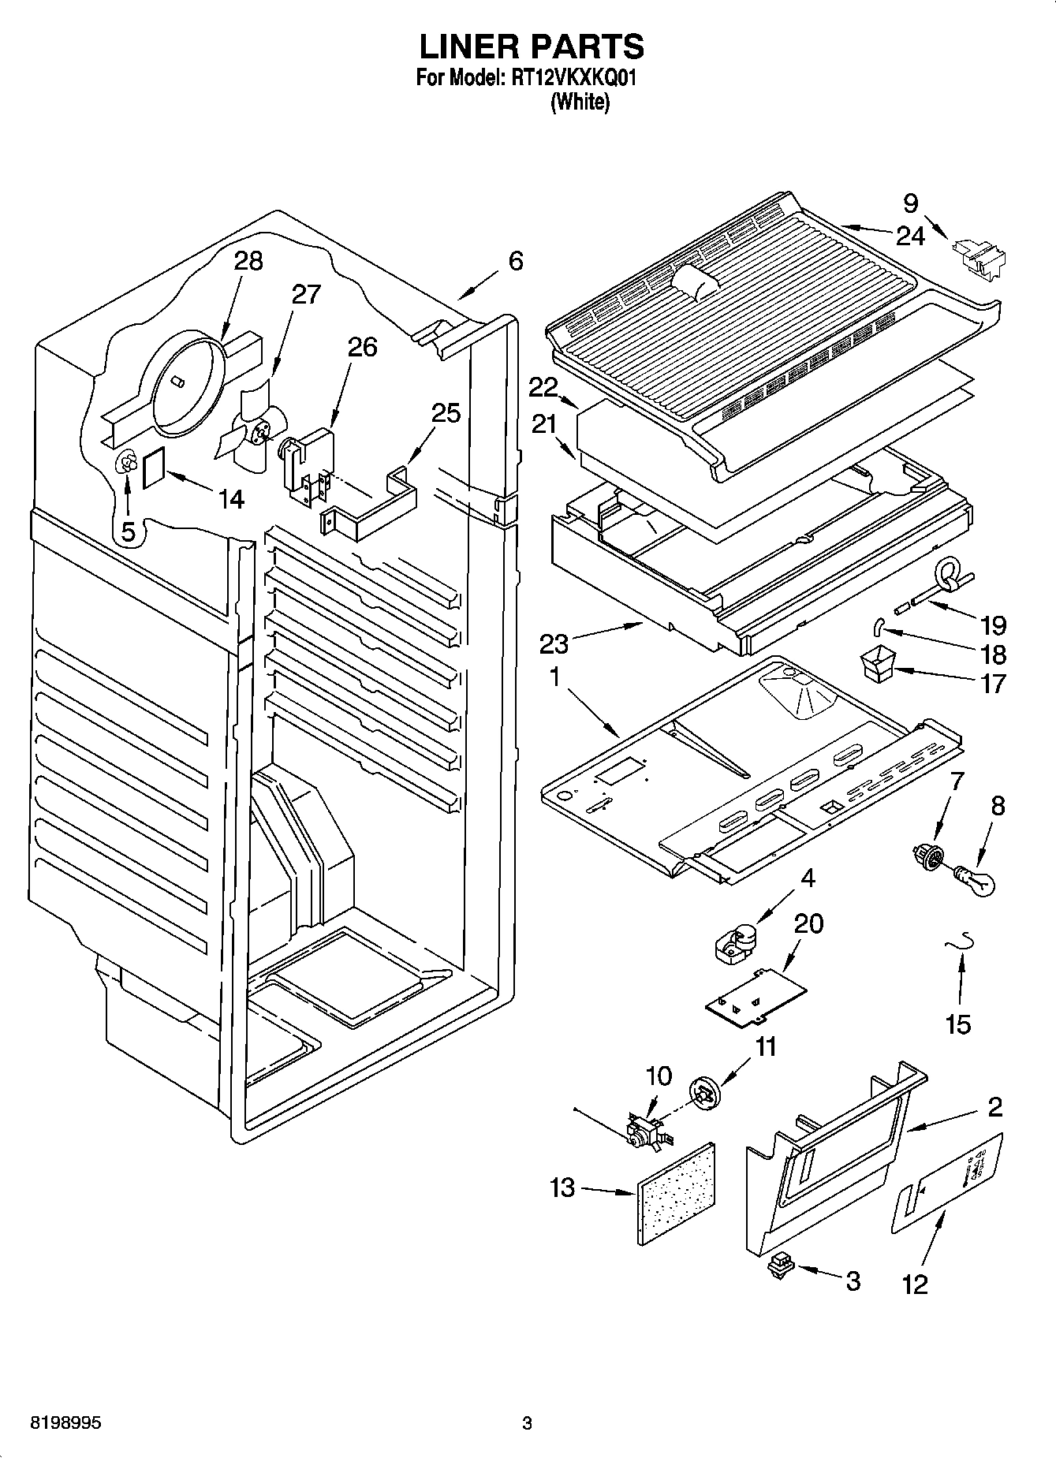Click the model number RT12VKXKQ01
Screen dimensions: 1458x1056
pos(569,79)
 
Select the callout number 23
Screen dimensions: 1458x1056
pos(554,644)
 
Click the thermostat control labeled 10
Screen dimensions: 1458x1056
pos(644,1132)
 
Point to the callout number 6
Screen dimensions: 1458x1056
pos(515,261)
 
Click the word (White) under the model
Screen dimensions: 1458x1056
pos(580,103)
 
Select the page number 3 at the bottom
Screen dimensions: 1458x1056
pos(527,1423)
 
